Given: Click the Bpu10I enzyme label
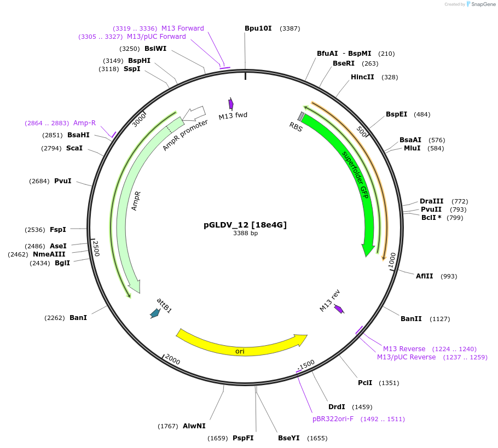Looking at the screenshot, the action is (258, 28).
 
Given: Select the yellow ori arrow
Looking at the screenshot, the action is (241, 344).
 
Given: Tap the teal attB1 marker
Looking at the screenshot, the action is (155, 313).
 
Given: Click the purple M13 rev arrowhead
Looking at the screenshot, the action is (339, 309).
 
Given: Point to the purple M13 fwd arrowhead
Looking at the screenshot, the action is (231, 104).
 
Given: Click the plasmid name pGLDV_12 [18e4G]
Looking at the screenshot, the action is (245, 225).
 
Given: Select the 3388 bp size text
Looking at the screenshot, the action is (245, 233).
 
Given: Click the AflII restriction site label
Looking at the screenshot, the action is (424, 276).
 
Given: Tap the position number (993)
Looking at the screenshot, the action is (448, 276).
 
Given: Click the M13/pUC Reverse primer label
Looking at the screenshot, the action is (406, 357).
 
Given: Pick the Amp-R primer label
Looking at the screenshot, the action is (84, 123).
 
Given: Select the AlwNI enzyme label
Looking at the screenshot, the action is (194, 426).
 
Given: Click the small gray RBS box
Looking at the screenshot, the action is (301, 117).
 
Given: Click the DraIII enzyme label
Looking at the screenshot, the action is (431, 201).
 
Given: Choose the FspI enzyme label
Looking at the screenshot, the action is (57, 230).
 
